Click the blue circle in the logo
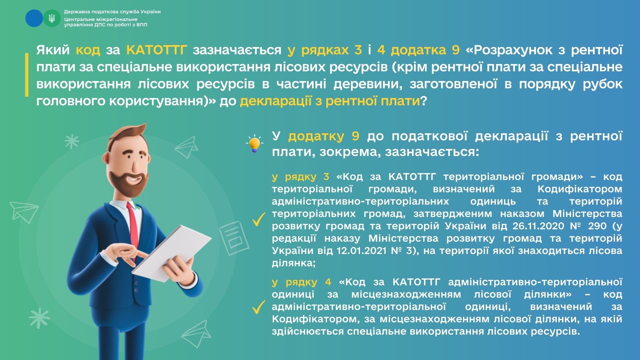[34, 18]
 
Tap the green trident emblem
[52, 18]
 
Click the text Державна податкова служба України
[112, 12]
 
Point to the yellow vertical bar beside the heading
[27, 75]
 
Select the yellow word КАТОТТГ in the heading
[156, 50]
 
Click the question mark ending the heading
[423, 100]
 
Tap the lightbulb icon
[255, 144]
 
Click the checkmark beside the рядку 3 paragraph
[259, 219]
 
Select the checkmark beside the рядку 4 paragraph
[259, 307]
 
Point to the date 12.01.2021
[362, 251]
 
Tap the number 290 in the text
[597, 226]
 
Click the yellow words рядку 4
[308, 282]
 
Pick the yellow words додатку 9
[324, 136]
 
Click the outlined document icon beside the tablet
[234, 238]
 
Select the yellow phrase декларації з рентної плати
[330, 101]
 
